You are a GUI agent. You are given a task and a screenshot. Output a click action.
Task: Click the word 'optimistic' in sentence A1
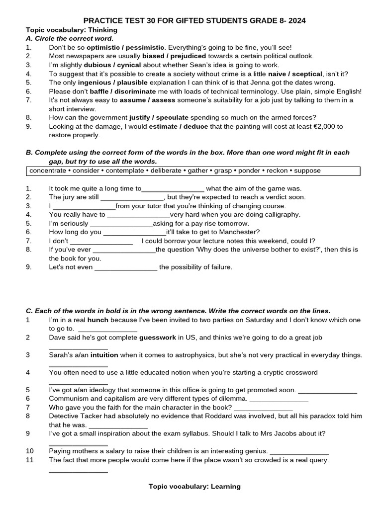(103, 47)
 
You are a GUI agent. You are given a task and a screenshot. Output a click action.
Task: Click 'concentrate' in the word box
(48, 170)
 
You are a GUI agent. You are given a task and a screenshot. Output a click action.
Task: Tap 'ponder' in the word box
(249, 170)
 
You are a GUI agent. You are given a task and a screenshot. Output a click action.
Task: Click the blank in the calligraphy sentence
(138, 215)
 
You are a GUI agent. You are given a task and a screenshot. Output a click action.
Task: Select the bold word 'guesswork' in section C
(158, 338)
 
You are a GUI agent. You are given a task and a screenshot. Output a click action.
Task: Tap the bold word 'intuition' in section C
(104, 355)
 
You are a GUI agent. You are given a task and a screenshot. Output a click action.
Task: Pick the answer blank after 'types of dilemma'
(279, 399)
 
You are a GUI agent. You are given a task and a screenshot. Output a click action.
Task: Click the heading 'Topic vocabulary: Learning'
(194, 486)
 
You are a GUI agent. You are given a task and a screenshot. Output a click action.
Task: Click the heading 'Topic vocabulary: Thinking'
(72, 30)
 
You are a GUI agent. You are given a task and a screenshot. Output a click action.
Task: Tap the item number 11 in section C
(30, 460)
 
